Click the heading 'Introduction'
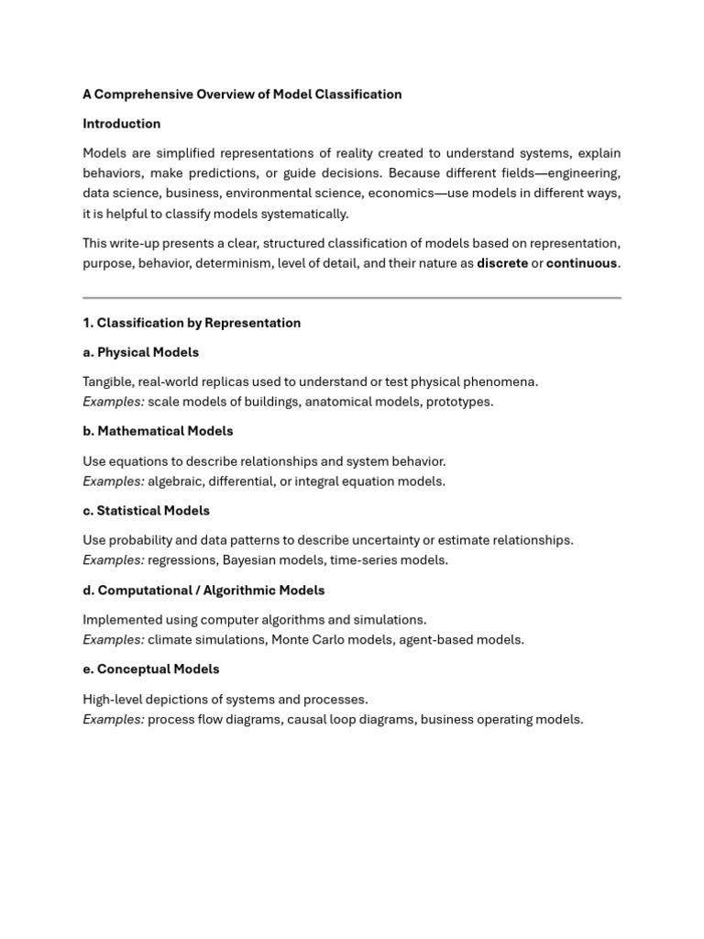click(x=121, y=124)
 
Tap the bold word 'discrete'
click(x=502, y=263)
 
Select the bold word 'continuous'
click(x=581, y=263)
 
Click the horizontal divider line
click(x=352, y=298)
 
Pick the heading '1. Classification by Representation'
click(x=192, y=323)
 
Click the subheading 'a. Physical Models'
click(x=140, y=352)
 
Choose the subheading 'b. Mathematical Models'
click(x=158, y=431)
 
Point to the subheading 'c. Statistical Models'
click(x=146, y=511)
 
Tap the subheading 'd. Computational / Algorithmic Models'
click(x=203, y=591)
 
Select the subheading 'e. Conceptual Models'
click(x=151, y=669)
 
